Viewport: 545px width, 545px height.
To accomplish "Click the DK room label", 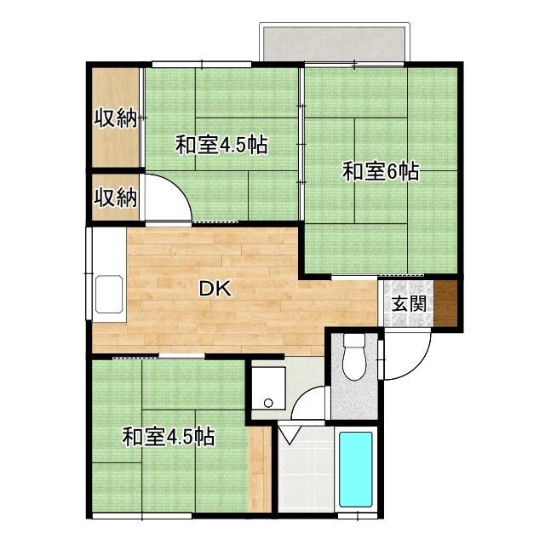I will (x=214, y=289).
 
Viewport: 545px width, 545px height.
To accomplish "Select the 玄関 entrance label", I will (x=404, y=303).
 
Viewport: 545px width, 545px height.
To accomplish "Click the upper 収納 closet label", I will (x=115, y=118).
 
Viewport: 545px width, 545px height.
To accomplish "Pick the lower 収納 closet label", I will (x=115, y=198).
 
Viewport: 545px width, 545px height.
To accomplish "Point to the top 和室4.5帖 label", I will (x=221, y=145).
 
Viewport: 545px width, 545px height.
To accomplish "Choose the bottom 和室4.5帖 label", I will (x=168, y=438).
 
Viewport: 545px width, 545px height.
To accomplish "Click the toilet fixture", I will (x=353, y=358).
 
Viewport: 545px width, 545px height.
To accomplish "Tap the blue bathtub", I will (x=355, y=469).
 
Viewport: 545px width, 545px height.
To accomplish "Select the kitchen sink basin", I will (x=108, y=295).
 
